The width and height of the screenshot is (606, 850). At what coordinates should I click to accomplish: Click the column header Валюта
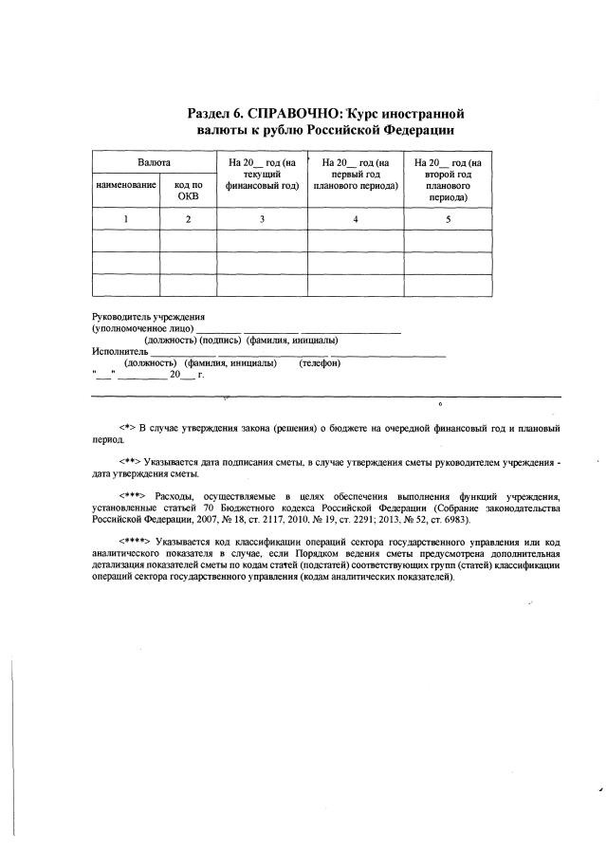154,163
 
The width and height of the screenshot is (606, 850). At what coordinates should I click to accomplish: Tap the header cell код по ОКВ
188,191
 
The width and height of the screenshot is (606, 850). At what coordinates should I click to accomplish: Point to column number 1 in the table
125,219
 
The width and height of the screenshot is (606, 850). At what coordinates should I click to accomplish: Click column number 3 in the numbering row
262,219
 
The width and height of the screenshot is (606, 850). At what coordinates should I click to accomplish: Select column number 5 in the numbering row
449,219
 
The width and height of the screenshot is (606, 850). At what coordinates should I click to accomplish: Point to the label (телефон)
320,363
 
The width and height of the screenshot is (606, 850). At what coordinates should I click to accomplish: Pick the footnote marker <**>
131,461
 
